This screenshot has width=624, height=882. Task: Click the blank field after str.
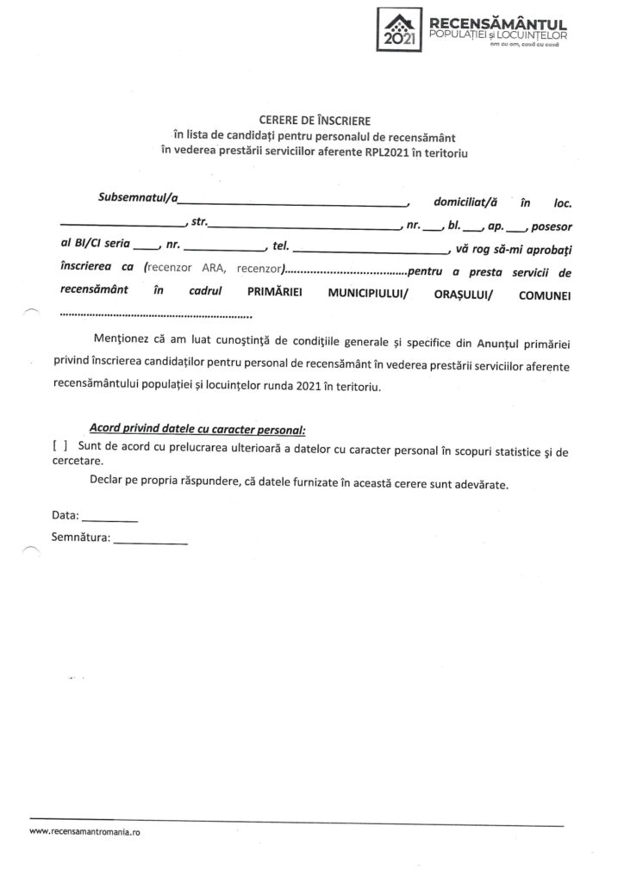(302, 227)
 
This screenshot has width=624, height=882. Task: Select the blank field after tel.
(371, 250)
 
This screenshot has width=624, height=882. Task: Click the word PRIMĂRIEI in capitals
(273, 293)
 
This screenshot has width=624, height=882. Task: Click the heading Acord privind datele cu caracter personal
(197, 428)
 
